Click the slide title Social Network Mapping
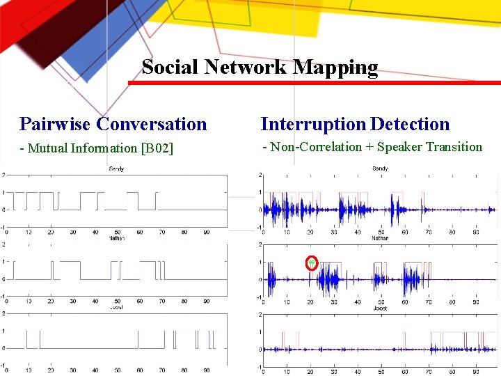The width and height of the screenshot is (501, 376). coord(260,67)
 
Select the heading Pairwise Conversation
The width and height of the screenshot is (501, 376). coord(113,124)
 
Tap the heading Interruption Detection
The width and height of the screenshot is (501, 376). coord(355,124)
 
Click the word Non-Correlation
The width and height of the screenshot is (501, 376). coord(316,147)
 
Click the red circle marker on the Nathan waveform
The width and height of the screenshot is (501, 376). coord(312,263)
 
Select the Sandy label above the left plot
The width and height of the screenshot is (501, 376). coord(116,169)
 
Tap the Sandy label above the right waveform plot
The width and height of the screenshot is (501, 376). coord(380,169)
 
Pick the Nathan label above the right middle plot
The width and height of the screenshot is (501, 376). coord(380,238)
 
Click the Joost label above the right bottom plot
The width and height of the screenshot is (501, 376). coord(380,308)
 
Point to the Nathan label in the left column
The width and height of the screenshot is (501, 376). coord(116,238)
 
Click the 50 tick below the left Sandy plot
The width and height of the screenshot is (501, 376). coord(118,232)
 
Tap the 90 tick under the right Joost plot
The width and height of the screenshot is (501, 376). coord(475,372)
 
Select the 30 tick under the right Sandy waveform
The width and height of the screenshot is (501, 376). coord(334,232)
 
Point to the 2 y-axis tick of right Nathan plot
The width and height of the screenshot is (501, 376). coord(260,244)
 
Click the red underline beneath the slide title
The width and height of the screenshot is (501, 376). coord(313,83)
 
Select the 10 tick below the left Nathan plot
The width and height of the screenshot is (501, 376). coord(29,301)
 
